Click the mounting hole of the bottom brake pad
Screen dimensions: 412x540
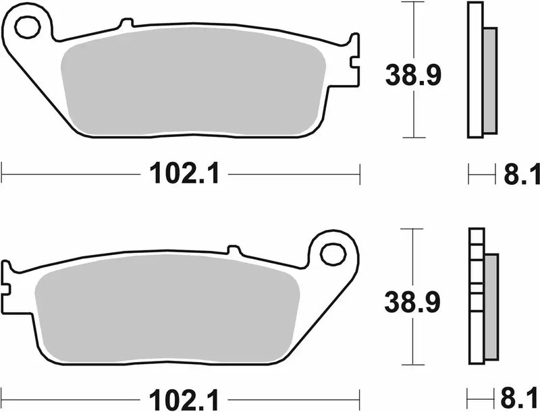331,254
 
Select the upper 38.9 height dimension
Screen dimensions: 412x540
413,76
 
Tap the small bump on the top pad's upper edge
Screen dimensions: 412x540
122,24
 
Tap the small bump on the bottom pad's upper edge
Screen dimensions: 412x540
235,251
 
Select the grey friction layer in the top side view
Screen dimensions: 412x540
491,80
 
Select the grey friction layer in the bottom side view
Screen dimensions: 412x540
491,307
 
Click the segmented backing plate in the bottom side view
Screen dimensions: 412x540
476,297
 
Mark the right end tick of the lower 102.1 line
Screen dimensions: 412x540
360,396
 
